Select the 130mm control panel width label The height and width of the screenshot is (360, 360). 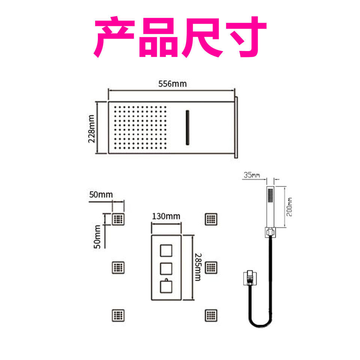point(166,216)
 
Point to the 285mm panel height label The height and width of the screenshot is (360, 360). point(198,267)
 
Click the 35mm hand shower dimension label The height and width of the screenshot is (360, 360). point(252,175)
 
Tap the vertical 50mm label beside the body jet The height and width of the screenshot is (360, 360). point(97,237)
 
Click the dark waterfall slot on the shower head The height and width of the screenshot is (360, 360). point(186,127)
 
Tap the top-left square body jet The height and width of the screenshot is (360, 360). point(118,219)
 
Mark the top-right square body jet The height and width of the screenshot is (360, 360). point(211,219)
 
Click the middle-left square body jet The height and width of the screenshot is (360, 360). point(118,267)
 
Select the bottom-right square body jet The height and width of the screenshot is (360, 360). point(211,315)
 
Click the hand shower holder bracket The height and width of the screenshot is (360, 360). point(269,232)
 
